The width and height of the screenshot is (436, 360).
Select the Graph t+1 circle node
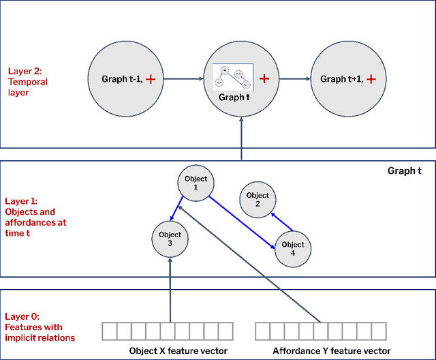tap(345, 79)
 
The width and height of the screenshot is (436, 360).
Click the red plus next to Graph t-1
tap(151, 80)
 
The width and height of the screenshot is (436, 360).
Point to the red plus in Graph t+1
tap(371, 80)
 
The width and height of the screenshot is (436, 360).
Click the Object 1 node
tap(196, 183)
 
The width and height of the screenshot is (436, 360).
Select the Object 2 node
tap(258, 199)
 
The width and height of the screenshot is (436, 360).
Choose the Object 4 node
tap(292, 249)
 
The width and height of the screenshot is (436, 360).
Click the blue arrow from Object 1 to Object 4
tap(241, 222)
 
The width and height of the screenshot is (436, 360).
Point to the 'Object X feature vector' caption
tap(170, 351)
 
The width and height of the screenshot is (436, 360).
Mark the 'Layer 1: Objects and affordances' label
tap(37, 217)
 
